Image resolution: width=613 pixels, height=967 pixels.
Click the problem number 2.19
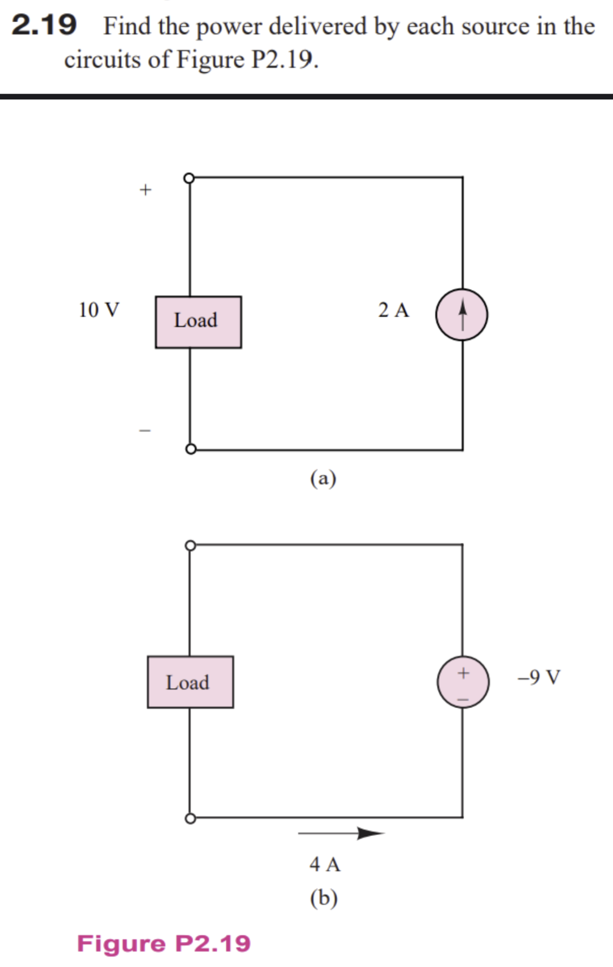[44, 25]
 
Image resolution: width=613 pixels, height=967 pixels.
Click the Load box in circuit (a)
[198, 321]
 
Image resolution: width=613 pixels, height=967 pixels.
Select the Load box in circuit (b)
[190, 682]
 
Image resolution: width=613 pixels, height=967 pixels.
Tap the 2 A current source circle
[461, 315]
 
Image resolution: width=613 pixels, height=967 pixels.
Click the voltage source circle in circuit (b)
[463, 682]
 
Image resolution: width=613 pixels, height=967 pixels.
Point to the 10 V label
[99, 310]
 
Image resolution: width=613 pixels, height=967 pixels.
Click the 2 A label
[393, 310]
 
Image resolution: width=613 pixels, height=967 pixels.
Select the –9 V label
[539, 677]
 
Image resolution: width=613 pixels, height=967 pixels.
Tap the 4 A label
[325, 864]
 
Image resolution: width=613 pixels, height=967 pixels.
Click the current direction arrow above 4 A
[341, 833]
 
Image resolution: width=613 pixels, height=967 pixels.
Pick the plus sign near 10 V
[146, 189]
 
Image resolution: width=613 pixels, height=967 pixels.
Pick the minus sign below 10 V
[145, 430]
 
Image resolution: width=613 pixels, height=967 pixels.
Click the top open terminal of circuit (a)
[190, 178]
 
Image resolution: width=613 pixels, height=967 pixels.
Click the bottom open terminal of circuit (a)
[191, 449]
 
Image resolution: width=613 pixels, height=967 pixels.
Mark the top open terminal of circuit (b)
[190, 546]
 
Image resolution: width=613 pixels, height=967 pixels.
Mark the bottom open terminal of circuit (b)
[190, 818]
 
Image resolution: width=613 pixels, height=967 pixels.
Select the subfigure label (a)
[323, 478]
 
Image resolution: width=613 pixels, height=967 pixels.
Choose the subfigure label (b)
[324, 898]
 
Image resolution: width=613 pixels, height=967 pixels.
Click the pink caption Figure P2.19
[164, 943]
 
